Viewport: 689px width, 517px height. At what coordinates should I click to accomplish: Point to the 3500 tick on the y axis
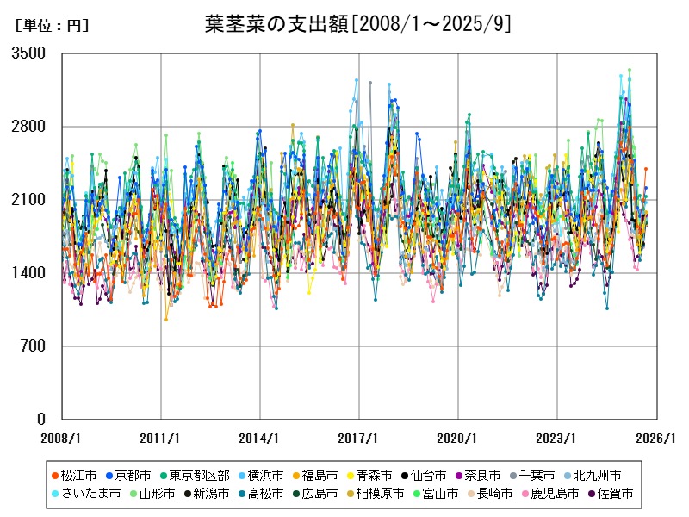[x=29, y=53]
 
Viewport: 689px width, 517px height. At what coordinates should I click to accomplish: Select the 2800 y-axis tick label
[x=29, y=127]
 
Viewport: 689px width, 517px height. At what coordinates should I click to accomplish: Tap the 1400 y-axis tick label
[x=29, y=273]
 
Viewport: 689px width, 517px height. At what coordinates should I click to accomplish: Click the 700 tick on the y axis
[x=33, y=346]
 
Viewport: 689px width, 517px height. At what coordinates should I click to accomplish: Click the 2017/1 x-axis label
[x=359, y=438]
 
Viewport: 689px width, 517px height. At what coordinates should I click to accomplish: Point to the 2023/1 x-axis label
[x=557, y=438]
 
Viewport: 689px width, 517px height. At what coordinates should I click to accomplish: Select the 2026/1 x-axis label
[x=656, y=438]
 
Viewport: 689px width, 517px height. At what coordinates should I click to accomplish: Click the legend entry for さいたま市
[x=90, y=494]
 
